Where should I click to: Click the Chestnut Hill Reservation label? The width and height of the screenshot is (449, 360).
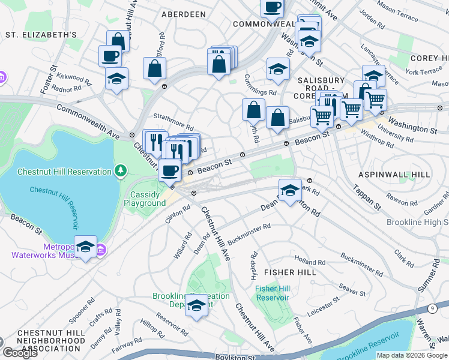64,172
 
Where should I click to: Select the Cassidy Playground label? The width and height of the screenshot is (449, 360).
145,199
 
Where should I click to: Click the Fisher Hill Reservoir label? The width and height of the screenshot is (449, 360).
273,293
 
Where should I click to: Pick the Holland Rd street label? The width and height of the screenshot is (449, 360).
310,261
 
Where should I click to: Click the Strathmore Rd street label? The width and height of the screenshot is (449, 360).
173,122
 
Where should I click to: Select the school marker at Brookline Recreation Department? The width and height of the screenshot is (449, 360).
196,305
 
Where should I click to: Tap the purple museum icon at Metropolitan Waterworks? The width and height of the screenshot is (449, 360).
101,248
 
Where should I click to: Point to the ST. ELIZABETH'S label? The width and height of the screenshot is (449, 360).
41,35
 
